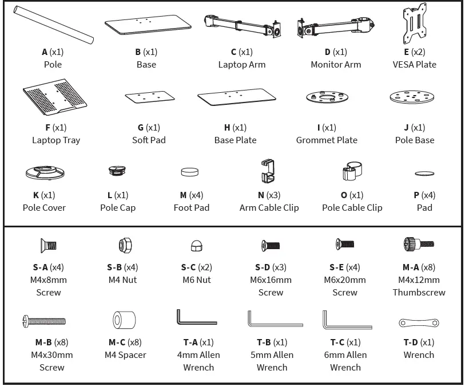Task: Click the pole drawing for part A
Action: tap(53, 25)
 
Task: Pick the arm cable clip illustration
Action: tap(268, 171)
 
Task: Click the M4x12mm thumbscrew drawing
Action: tap(419, 245)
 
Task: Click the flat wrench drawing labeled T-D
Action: tap(419, 323)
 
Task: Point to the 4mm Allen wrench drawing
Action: tap(196, 318)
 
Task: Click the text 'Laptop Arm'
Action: tap(241, 65)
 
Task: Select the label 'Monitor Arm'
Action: tap(336, 65)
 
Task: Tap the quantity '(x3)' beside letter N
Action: tap(275, 195)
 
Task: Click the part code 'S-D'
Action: tap(262, 267)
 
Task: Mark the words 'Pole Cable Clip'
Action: tap(352, 208)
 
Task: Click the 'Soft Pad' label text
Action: tap(149, 140)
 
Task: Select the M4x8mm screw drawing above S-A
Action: tap(48, 246)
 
